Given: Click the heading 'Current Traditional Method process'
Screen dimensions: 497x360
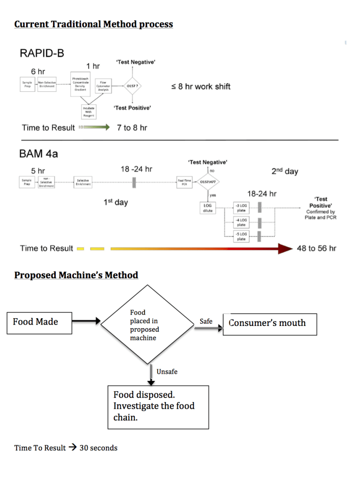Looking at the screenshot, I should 94,24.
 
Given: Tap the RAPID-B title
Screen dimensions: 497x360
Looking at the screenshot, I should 42,54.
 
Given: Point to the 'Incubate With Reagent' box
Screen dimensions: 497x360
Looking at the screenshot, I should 88,111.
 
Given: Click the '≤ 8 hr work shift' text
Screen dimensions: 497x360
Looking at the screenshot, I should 201,86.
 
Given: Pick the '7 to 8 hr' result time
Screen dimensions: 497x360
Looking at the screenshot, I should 132,128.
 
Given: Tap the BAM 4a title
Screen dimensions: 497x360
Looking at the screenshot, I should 39,154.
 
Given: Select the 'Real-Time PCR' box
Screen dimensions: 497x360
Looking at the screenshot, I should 184,182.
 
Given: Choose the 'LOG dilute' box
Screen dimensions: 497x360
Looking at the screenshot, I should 207,208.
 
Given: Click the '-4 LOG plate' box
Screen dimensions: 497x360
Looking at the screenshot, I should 241,222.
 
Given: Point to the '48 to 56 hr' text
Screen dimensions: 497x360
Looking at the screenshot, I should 316,248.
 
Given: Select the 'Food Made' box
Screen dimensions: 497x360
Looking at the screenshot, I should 39,323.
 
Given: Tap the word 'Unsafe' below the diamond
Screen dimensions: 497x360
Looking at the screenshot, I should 167,372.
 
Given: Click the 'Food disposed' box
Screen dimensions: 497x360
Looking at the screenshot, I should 158,406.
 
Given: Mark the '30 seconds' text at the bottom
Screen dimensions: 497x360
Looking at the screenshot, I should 98,448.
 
